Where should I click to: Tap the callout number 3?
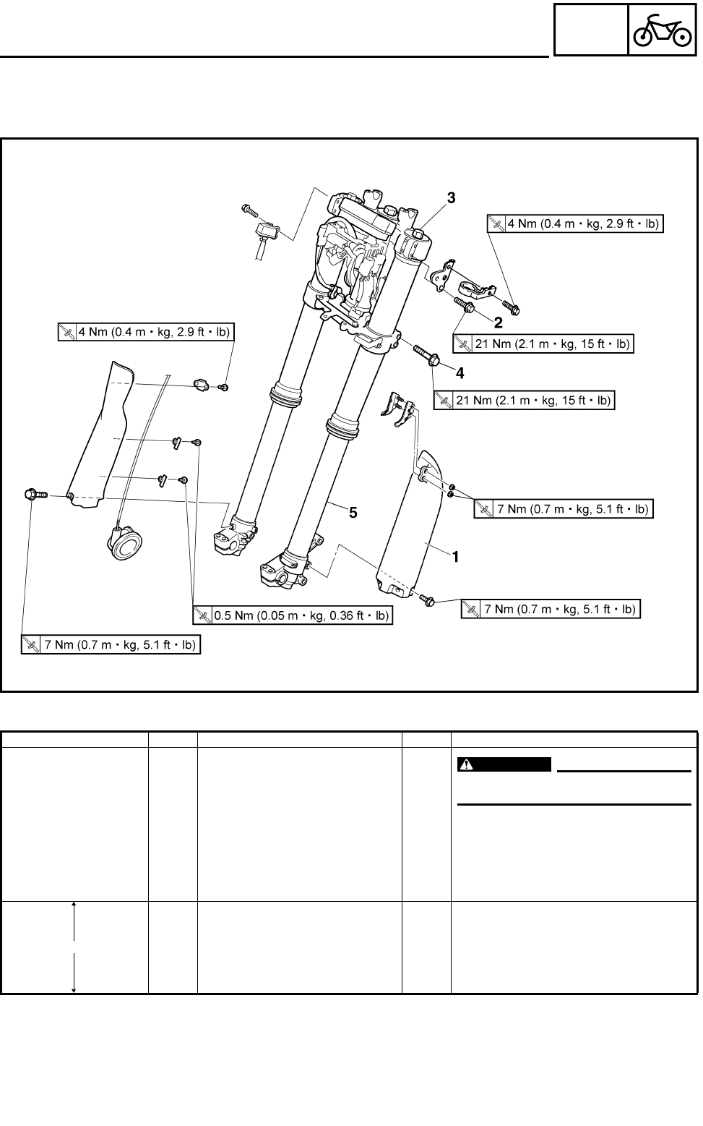(x=451, y=197)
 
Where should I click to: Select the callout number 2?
(x=499, y=321)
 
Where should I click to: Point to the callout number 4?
(x=460, y=373)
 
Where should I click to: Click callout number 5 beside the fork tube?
(x=353, y=512)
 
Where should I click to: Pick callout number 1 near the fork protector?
(x=456, y=557)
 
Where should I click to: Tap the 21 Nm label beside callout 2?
(x=543, y=344)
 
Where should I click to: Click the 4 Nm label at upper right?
(x=575, y=224)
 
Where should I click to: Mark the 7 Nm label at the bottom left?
(x=111, y=644)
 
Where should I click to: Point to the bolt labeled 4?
(x=424, y=355)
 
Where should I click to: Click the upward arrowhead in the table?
(x=74, y=905)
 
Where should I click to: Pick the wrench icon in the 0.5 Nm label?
(x=202, y=615)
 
